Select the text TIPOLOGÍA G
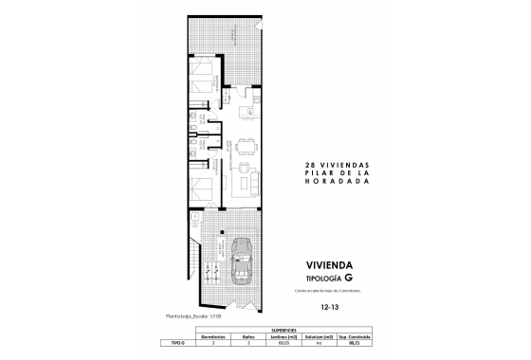point(332,279)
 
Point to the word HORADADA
point(331,184)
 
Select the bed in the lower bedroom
point(201,189)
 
